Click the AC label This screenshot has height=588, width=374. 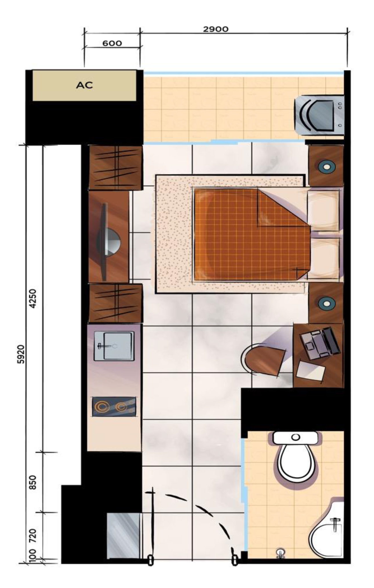click(x=84, y=85)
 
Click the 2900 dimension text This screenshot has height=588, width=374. click(x=216, y=29)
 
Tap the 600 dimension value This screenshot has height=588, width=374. click(x=112, y=43)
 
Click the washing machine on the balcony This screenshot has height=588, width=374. click(x=319, y=115)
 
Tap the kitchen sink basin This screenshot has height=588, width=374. click(x=114, y=346)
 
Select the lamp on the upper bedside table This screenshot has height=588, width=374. click(x=326, y=166)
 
